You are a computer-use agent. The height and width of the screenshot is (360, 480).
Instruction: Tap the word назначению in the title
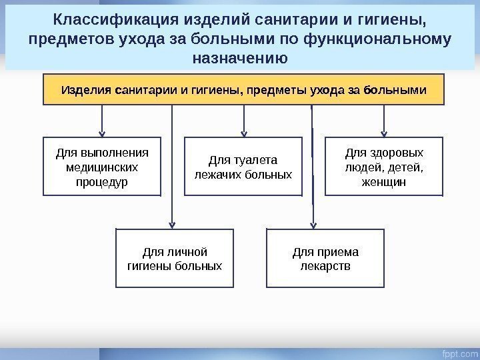coord(240,57)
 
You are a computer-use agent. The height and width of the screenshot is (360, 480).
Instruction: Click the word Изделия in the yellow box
coord(86,89)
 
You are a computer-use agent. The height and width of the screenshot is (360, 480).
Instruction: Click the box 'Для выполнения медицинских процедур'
coord(102,166)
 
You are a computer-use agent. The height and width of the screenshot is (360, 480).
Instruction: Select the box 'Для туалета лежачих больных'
coord(243,167)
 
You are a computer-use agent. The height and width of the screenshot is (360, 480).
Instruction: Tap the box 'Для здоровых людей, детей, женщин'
coord(383,166)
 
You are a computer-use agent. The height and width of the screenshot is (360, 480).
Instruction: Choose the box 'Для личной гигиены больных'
coord(175,259)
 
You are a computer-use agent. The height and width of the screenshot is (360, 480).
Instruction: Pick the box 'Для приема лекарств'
coord(325,259)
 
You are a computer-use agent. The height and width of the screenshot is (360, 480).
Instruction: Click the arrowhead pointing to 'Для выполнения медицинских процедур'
coord(102,132)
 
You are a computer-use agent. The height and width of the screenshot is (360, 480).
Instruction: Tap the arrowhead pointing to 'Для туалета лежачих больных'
coord(244,132)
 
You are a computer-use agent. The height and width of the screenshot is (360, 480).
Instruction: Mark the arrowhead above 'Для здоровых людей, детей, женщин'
coord(383,132)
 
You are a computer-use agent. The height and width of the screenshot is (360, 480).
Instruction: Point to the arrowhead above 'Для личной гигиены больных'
coord(173,224)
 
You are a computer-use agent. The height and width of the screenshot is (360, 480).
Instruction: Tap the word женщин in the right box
coord(383,181)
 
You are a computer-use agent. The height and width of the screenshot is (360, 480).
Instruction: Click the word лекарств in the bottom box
coord(325,267)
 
